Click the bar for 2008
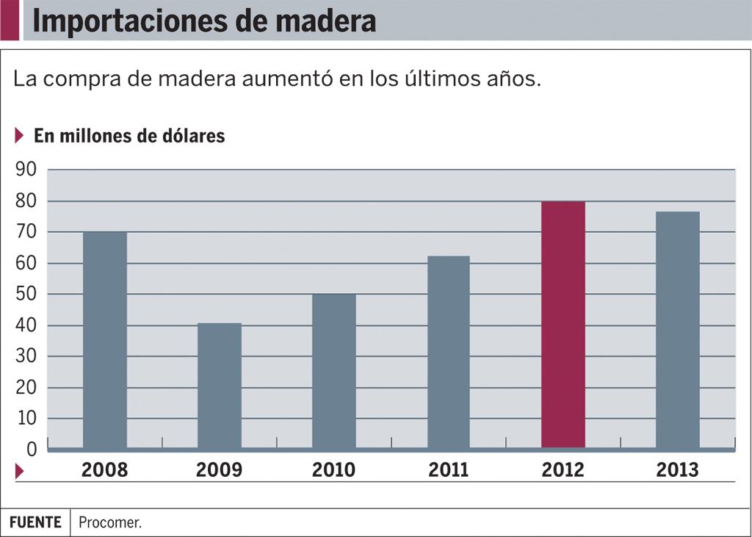104,339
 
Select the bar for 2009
219,386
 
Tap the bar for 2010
333,371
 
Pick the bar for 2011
448,352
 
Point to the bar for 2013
678,330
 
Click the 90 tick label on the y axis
26,170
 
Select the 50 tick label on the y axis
26,294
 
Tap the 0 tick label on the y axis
32,449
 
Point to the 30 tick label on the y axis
26,356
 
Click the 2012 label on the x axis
563,470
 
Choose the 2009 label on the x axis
219,470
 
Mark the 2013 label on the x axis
678,470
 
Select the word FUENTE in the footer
35,522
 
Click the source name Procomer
109,523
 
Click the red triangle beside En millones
19,136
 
